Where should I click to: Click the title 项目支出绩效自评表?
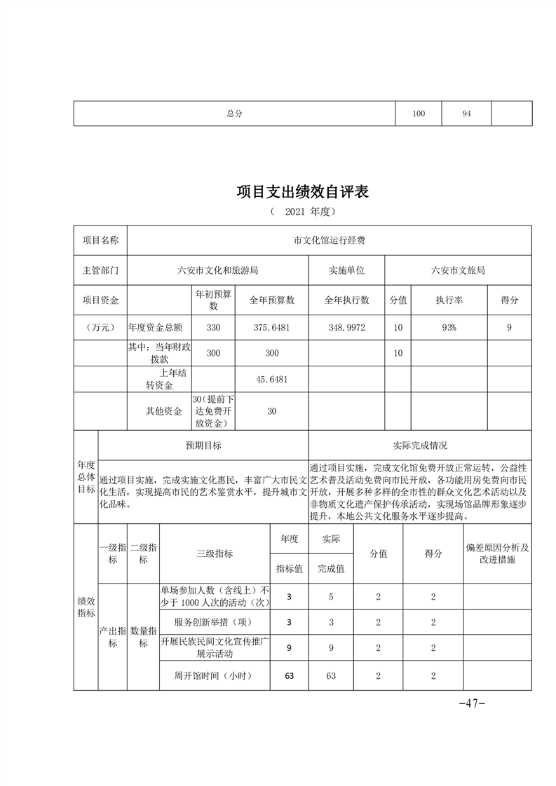[x=302, y=191]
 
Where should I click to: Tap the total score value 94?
[x=466, y=113]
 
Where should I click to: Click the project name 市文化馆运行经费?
[x=329, y=240]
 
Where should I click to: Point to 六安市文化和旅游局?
[x=217, y=270]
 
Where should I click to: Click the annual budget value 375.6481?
[x=272, y=327]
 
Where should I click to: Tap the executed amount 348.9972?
[x=346, y=327]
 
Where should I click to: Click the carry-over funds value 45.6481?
[x=272, y=379]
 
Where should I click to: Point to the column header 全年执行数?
[x=346, y=300]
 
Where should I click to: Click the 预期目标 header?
[x=203, y=446]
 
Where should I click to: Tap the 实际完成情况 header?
[x=419, y=446]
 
